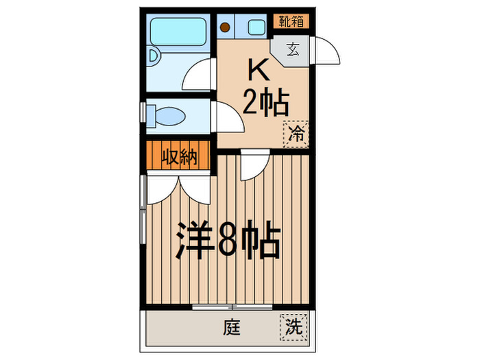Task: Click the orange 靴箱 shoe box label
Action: [291, 21]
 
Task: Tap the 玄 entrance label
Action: [293, 49]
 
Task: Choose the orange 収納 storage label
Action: [180, 157]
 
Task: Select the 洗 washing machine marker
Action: [294, 327]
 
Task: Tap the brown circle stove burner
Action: [225, 28]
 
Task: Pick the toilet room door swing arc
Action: [229, 118]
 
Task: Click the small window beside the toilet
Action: [143, 113]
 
